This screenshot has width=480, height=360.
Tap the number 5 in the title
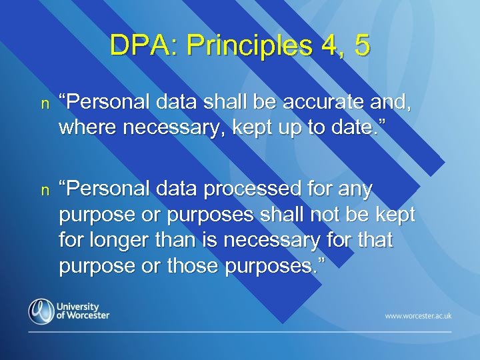pos(361,45)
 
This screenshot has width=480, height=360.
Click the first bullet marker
pos(45,105)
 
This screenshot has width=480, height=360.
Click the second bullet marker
pos(45,191)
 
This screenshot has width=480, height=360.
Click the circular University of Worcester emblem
pos(41,311)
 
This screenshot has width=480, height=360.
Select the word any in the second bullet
pos(356,191)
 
